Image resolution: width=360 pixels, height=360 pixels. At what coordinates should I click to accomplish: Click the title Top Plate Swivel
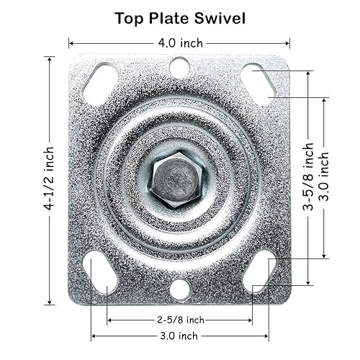click(x=179, y=18)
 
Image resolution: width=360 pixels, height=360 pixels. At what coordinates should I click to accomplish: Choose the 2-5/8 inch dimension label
click(x=179, y=320)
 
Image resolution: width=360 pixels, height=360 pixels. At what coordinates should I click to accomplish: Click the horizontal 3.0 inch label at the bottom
click(x=179, y=336)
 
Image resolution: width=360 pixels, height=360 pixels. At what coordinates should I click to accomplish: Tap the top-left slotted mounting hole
click(x=100, y=84)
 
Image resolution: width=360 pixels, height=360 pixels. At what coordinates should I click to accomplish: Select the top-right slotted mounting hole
click(x=258, y=84)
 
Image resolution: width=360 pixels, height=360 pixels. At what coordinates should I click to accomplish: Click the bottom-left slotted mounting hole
click(x=100, y=271)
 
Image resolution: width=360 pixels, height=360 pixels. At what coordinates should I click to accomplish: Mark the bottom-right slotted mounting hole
click(x=258, y=271)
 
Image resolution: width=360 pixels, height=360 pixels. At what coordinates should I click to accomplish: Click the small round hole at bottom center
click(x=179, y=289)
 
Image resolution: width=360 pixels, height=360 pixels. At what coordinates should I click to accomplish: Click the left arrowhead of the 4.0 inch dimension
click(x=71, y=42)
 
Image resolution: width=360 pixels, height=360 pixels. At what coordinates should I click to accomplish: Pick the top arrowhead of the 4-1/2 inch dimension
click(x=49, y=58)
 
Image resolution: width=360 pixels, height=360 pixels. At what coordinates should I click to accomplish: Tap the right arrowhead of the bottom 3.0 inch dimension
click(x=266, y=336)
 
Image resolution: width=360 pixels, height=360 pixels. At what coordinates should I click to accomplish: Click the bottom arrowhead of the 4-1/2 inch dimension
click(x=49, y=302)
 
